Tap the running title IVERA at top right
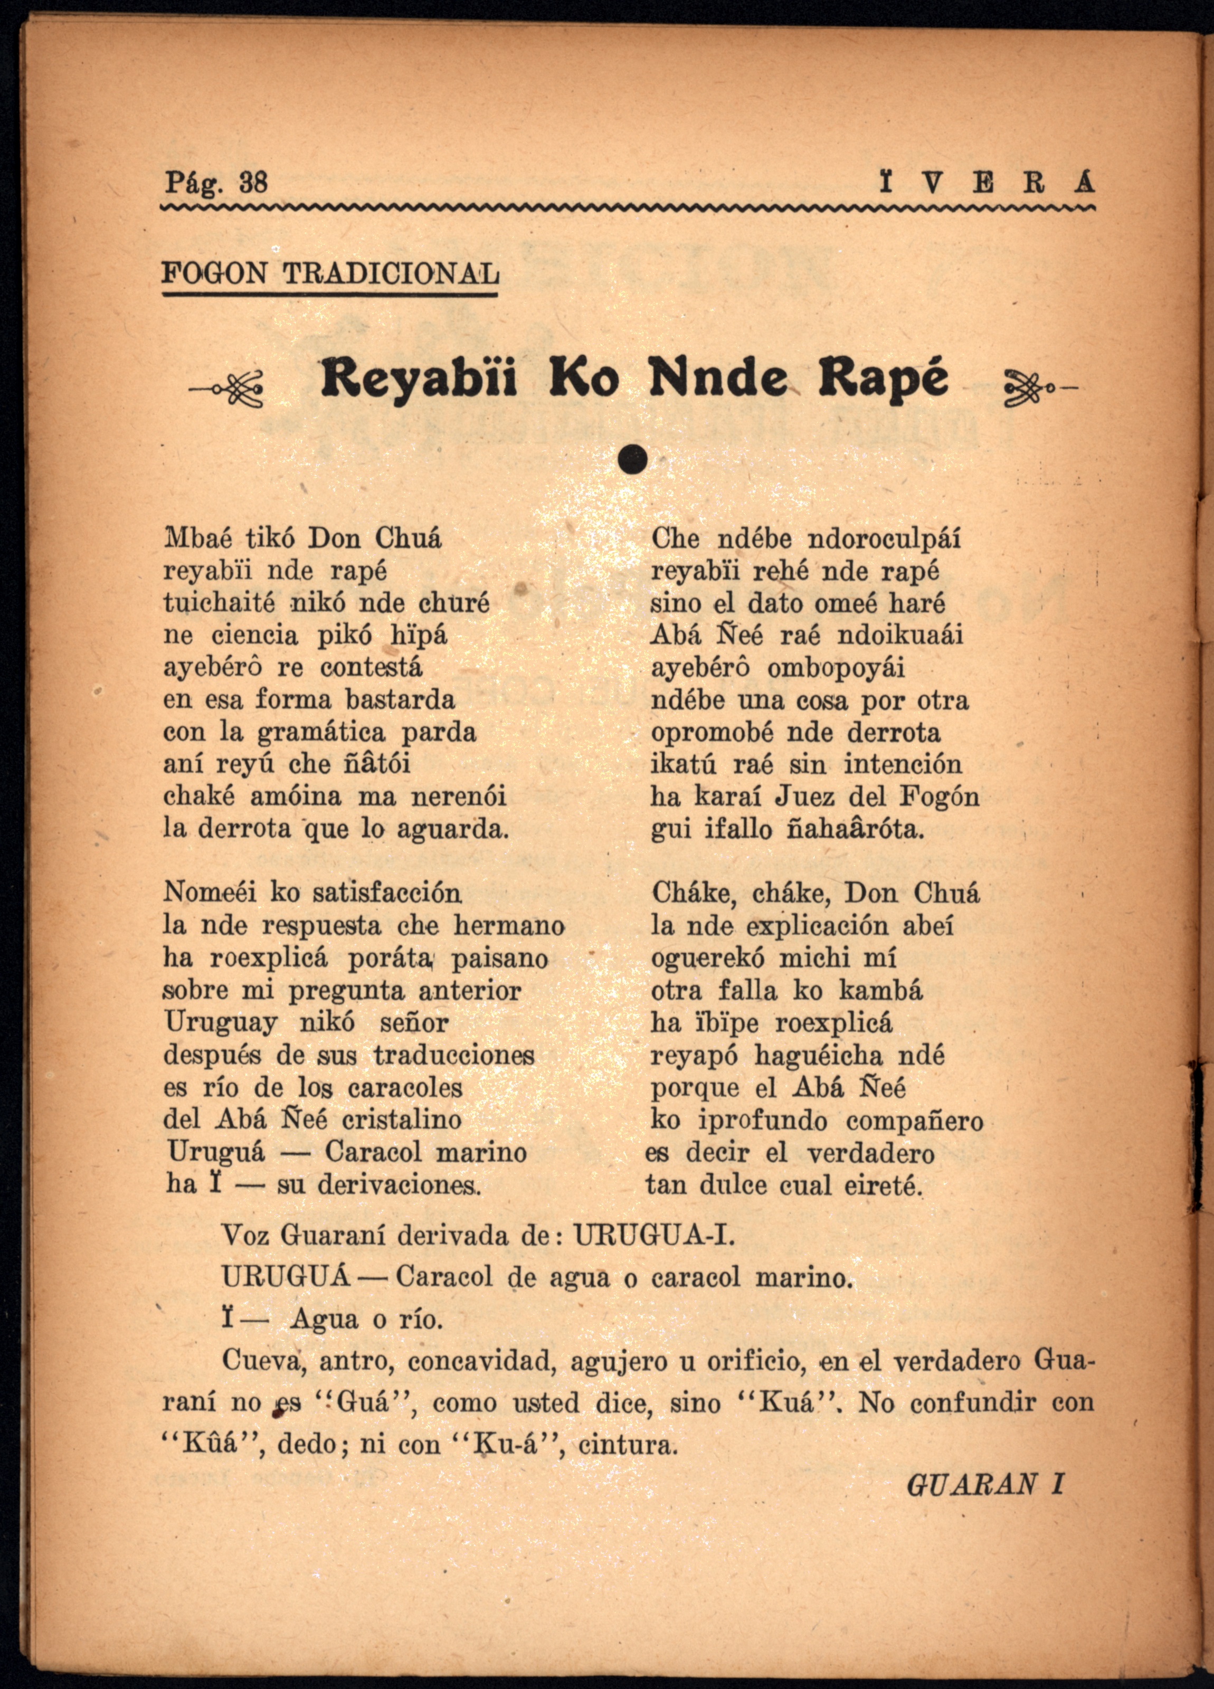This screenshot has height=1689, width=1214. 986,183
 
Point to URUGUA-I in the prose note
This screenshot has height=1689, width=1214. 653,1236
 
